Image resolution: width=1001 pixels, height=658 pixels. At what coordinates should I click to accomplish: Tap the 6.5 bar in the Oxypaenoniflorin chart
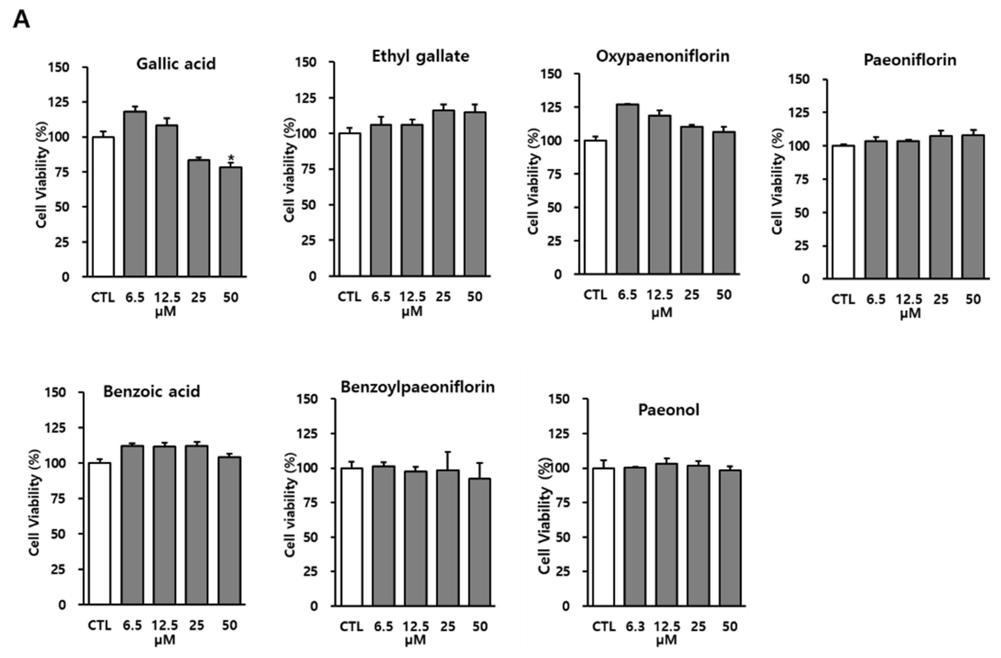pos(628,189)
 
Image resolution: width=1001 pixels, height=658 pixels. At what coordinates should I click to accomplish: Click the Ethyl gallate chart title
pos(420,56)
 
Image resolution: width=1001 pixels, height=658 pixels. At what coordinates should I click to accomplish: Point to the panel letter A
pos(21,19)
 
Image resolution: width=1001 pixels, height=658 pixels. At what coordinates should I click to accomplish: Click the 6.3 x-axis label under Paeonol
pos(635,627)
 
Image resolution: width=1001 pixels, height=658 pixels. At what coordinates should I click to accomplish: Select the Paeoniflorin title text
pos(910,60)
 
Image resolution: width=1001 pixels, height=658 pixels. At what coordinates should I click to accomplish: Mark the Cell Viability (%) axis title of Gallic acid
pos(42,175)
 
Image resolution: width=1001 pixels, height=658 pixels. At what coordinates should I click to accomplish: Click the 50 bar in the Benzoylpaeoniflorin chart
pos(479,542)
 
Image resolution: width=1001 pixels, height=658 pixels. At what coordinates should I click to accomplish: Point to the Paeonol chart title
pos(668,410)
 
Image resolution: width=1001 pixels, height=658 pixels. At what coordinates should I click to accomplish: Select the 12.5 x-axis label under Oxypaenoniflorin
pos(660,295)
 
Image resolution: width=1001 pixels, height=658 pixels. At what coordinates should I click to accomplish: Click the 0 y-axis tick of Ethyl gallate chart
pos(313,276)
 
